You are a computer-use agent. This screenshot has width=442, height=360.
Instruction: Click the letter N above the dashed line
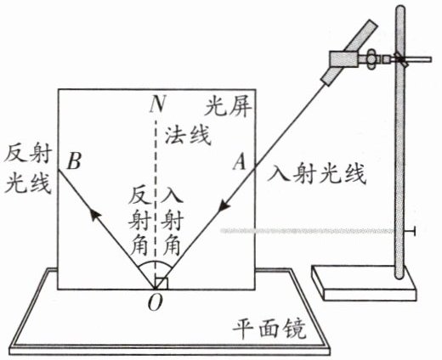[157, 104]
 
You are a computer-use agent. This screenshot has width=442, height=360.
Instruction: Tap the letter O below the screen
[156, 302]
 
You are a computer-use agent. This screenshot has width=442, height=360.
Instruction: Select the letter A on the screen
[240, 161]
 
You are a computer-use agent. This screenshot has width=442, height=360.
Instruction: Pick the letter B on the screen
[75, 160]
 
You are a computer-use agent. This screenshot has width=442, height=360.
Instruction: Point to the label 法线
[188, 135]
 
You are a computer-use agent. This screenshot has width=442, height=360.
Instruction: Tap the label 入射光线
[317, 173]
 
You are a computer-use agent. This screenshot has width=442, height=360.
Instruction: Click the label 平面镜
[269, 329]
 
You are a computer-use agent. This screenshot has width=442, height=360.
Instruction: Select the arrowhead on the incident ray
[224, 205]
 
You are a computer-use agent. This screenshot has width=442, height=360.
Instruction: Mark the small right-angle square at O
[161, 284]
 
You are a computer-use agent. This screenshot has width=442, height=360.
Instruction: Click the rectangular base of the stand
[364, 283]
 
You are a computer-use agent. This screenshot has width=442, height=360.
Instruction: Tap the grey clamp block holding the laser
[343, 59]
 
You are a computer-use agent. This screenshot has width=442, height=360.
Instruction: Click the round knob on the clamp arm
[371, 59]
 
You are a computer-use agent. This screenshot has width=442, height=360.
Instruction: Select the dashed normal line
[155, 202]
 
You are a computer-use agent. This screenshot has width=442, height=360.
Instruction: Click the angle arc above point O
[155, 262]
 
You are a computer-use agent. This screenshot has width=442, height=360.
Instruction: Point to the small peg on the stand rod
[410, 231]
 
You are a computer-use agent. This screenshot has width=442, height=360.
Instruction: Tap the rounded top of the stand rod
[399, 10]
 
